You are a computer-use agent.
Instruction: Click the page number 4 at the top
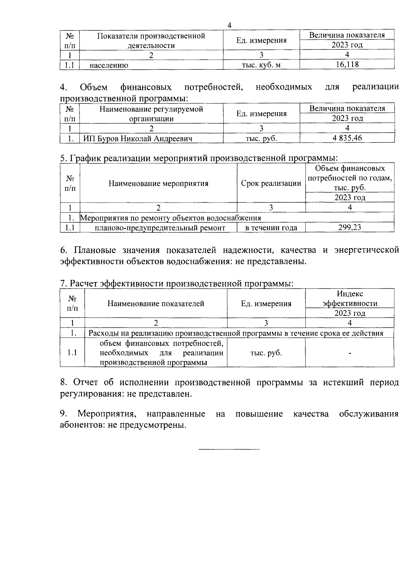[229, 25]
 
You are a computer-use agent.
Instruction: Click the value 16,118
[347, 64]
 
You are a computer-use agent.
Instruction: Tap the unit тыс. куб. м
[261, 65]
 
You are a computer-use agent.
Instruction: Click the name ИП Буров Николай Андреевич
[138, 139]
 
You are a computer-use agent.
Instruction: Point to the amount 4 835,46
[347, 138]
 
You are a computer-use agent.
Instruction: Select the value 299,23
[349, 227]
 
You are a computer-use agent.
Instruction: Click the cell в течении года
[271, 228]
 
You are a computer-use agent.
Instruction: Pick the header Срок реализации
[271, 183]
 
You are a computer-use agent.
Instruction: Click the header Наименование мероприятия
[158, 183]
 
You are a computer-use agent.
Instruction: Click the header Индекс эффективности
[349, 299]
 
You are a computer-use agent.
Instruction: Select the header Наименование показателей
[156, 303]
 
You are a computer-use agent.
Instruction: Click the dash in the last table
[350, 353]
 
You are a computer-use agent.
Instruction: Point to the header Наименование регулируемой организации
[151, 114]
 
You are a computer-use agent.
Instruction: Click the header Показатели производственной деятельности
[151, 40]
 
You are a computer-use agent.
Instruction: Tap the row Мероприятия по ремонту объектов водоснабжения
[170, 218]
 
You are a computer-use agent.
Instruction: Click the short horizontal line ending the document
[229, 449]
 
